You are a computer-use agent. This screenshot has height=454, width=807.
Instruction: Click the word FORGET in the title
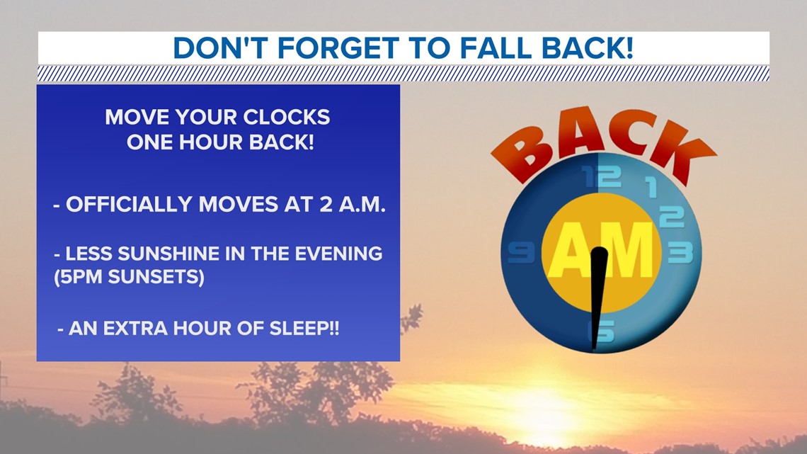[x=338, y=48]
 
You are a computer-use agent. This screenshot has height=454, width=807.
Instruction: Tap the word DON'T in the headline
[x=220, y=48]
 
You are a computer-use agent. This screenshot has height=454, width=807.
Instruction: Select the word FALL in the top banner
[x=495, y=48]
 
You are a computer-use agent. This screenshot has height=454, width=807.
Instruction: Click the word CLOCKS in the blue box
[x=286, y=118]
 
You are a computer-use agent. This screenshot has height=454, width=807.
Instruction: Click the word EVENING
[x=338, y=254]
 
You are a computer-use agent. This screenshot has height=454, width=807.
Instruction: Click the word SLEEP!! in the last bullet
[x=304, y=329]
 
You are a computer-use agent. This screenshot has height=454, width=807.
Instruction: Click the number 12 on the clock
[x=602, y=177]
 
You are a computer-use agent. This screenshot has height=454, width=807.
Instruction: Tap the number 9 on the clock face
[x=521, y=253]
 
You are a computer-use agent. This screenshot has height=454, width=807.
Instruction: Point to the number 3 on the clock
[x=680, y=253]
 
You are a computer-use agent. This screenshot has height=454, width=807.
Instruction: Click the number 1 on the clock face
[x=651, y=188]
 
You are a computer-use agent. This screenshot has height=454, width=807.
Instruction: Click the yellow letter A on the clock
[x=569, y=251]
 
